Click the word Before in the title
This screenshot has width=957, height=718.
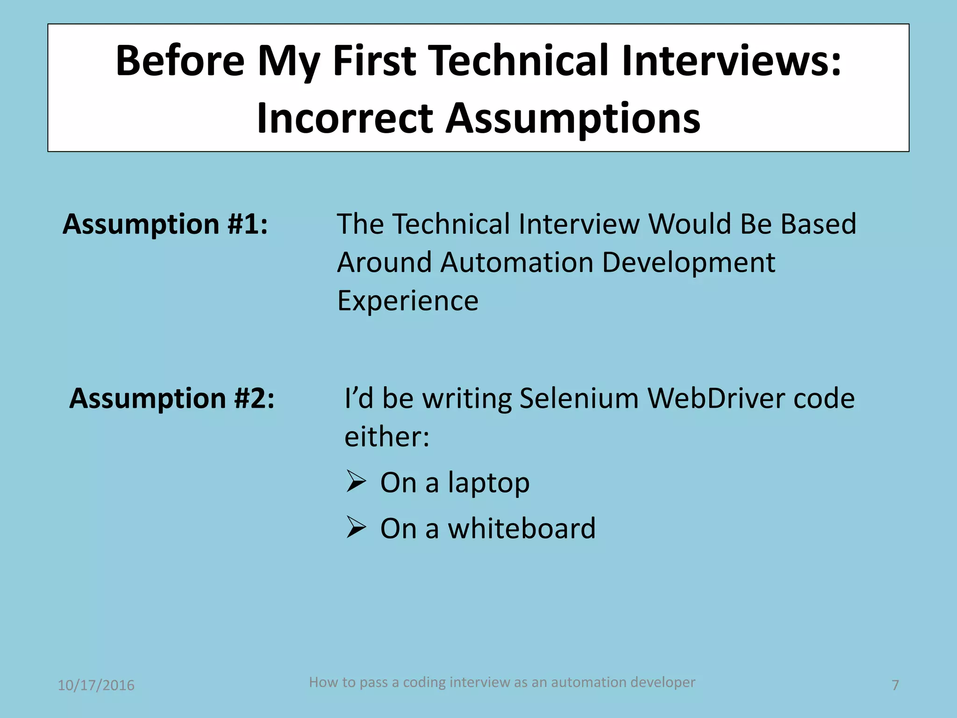[x=180, y=61]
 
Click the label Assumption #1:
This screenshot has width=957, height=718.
[x=165, y=224]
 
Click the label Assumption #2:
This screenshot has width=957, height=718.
[x=172, y=398]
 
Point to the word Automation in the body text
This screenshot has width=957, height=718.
[x=516, y=262]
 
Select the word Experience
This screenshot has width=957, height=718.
[x=408, y=301]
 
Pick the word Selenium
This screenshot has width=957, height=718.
[x=578, y=398]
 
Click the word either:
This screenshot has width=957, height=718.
[x=387, y=437]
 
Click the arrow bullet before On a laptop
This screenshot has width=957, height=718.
[x=356, y=481]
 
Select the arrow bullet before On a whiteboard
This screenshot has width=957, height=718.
[x=356, y=528]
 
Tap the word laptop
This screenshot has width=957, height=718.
[x=489, y=483]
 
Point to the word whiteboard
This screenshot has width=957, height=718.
[x=521, y=528]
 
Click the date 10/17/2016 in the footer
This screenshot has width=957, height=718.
[x=96, y=685]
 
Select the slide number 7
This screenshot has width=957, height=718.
[x=895, y=685]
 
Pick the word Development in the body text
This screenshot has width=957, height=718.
[x=688, y=262]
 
